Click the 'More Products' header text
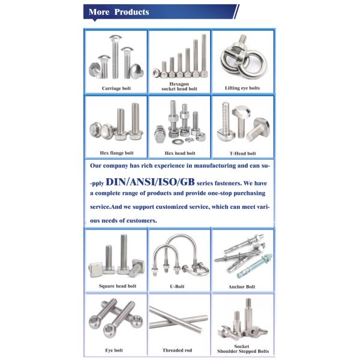(x=119, y=12)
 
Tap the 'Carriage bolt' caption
(x=116, y=88)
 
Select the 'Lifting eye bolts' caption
(x=242, y=88)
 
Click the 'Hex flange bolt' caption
(x=116, y=153)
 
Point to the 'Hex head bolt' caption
(x=179, y=153)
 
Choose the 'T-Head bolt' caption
(x=242, y=153)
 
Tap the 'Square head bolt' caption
(x=117, y=286)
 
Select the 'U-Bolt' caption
(x=179, y=286)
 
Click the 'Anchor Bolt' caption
(x=242, y=287)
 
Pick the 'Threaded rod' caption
(x=179, y=350)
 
